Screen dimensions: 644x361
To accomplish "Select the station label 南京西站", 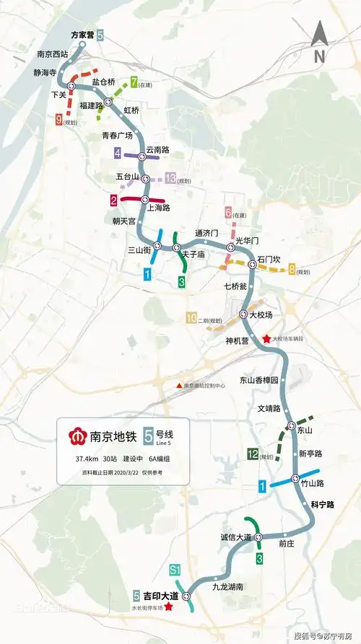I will pyautogui.click(x=52, y=53).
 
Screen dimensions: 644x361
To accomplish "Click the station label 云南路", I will pyautogui.click(x=157, y=149).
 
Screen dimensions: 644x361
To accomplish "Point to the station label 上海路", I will pyautogui.click(x=157, y=208).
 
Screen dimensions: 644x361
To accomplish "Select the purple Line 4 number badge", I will pyautogui.click(x=118, y=153).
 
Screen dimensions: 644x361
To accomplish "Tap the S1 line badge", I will pyautogui.click(x=174, y=570).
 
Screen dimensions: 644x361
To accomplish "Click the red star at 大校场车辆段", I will pyautogui.click(x=266, y=338).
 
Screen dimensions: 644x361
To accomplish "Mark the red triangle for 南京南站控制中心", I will pyautogui.click(x=178, y=386).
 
